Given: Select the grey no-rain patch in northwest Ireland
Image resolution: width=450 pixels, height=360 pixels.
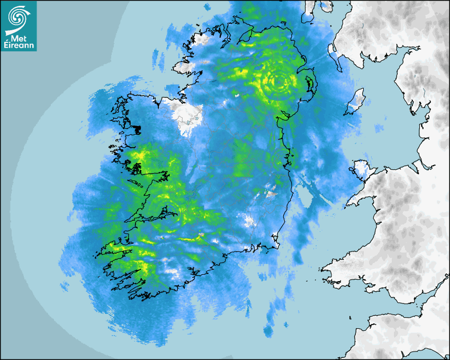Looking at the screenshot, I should (x=183, y=114).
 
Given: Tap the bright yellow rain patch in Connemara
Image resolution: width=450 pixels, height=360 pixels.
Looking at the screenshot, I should (x=139, y=156).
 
